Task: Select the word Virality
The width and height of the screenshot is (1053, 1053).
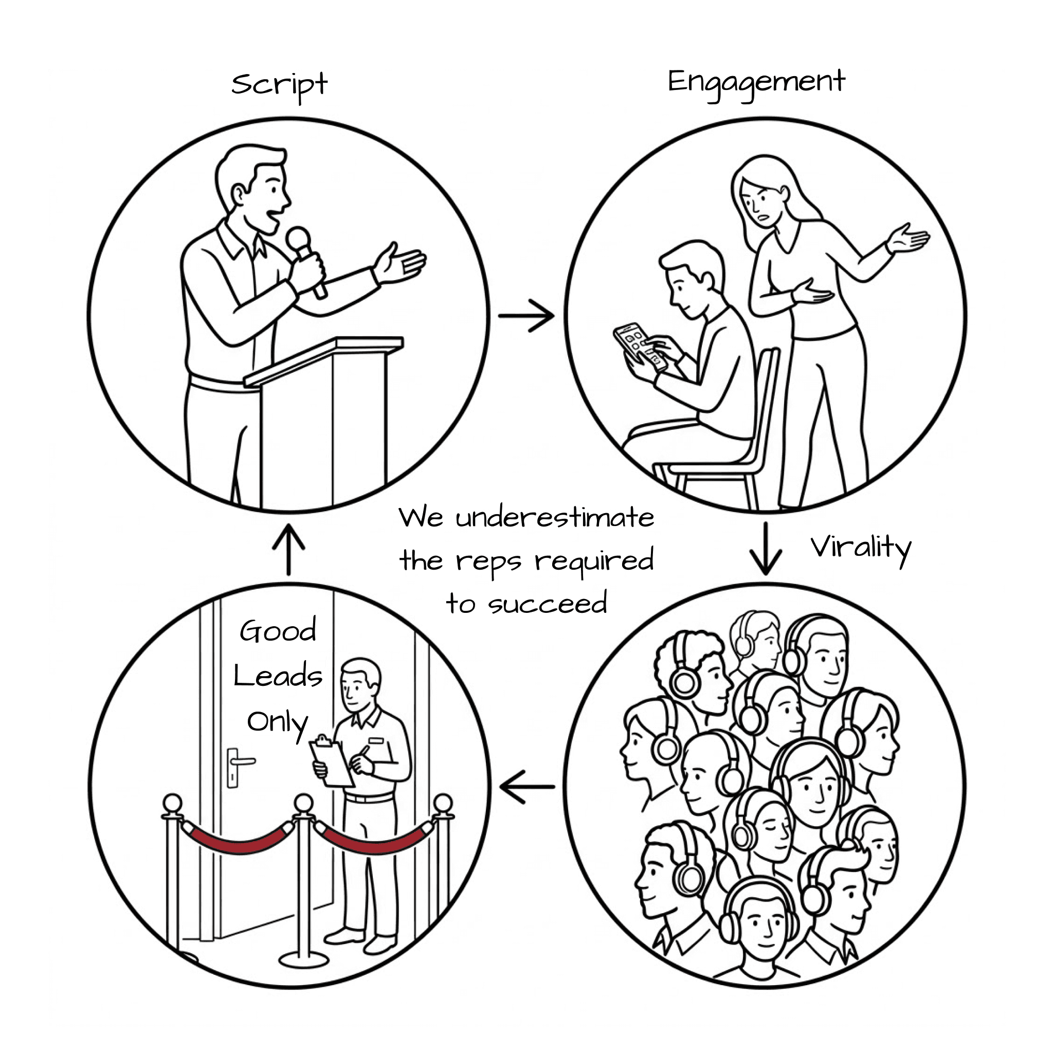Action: [860, 548]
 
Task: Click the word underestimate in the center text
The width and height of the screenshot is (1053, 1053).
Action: [554, 518]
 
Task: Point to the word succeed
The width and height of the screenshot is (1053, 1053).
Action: [547, 604]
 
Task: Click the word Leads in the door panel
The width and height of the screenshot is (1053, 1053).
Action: [278, 677]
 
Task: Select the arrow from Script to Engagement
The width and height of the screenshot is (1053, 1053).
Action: [526, 316]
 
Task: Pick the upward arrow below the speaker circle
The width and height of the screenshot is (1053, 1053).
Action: [288, 550]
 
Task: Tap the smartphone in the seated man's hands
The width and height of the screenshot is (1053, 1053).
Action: [639, 346]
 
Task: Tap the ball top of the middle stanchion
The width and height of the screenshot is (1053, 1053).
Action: [303, 802]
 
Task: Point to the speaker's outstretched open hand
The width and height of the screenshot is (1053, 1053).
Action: [401, 264]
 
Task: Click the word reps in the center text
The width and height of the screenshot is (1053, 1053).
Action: [488, 561]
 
